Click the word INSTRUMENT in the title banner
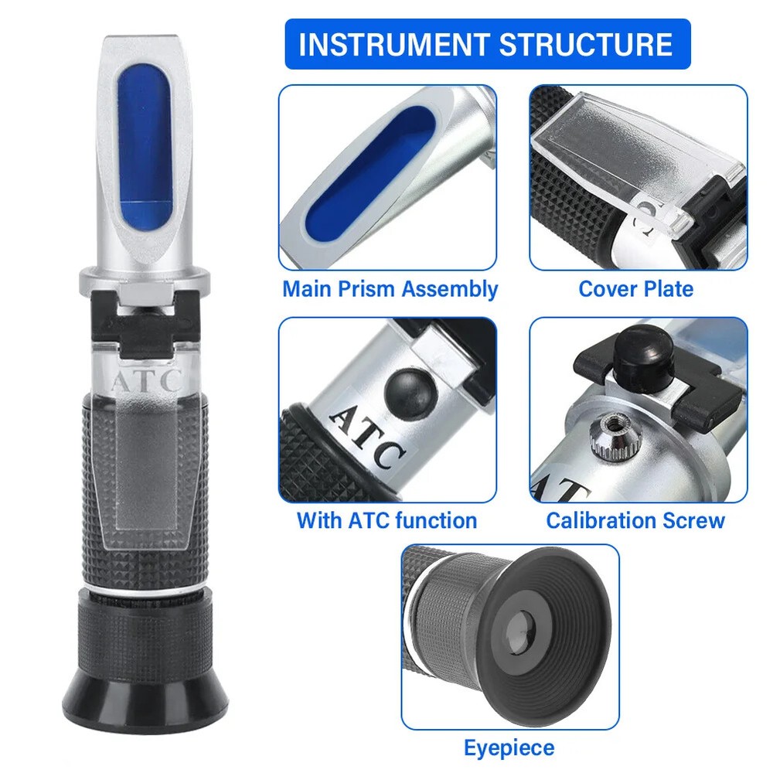click(x=392, y=45)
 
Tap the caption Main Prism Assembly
click(x=390, y=289)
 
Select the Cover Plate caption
click(x=635, y=289)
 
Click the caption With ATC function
click(x=386, y=520)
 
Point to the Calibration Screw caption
click(x=635, y=520)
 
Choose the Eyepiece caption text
click(x=509, y=747)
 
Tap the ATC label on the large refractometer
click(x=146, y=380)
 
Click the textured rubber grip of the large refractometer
click(x=146, y=495)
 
